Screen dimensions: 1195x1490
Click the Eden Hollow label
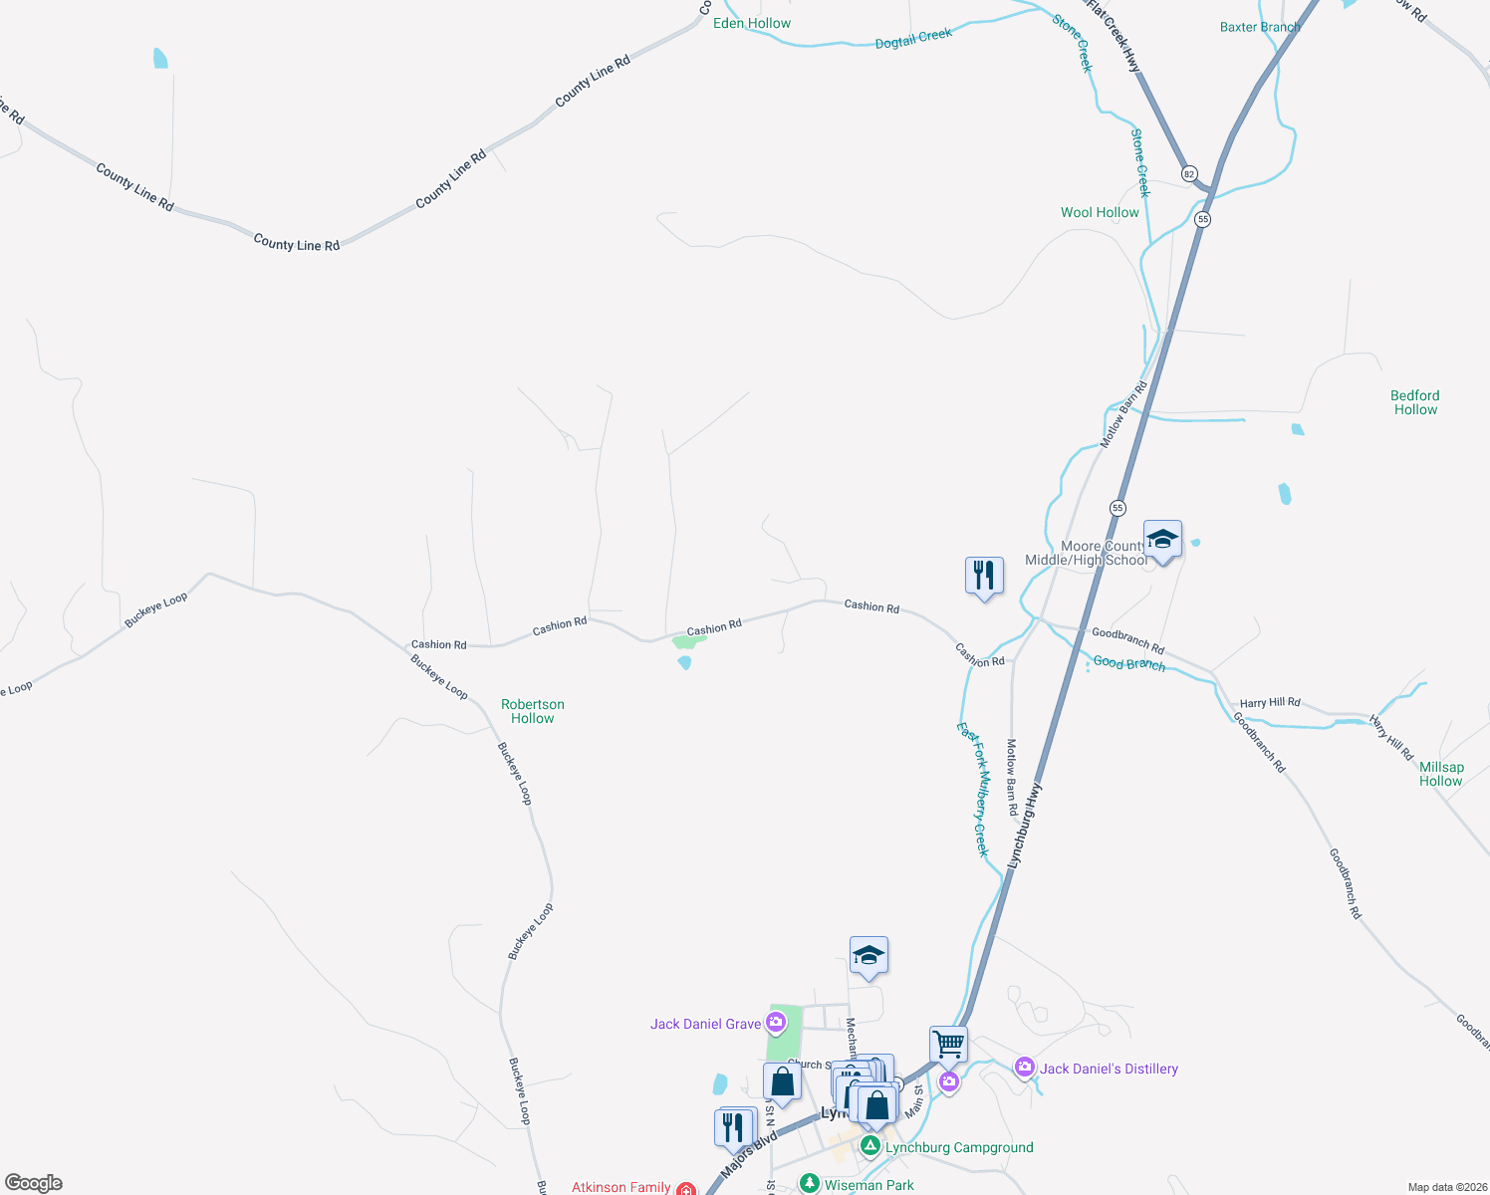click(x=752, y=23)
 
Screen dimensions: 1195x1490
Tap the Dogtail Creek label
click(x=913, y=39)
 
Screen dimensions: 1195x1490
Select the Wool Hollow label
click(x=1100, y=212)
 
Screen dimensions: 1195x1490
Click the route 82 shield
click(x=1189, y=173)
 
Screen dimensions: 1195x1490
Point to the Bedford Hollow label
click(x=1415, y=402)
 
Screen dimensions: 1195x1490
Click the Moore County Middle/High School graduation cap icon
click(x=1162, y=541)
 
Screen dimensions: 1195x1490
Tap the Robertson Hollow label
click(x=533, y=711)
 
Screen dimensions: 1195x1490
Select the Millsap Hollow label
click(x=1441, y=774)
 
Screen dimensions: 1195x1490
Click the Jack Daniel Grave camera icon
click(x=777, y=1022)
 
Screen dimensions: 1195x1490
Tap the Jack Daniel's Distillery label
click(x=1109, y=1069)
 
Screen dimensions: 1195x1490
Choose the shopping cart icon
click(x=948, y=1045)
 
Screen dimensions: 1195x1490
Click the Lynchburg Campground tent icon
click(x=870, y=1147)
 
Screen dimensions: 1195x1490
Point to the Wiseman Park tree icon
click(x=810, y=1184)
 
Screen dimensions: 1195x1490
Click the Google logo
click(x=33, y=1183)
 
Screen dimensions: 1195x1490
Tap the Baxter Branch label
click(x=1260, y=27)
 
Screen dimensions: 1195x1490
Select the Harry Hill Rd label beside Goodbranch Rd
click(x=1270, y=702)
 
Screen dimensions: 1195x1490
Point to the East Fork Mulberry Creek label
click(x=974, y=789)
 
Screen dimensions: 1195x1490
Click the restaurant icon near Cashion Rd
click(x=983, y=576)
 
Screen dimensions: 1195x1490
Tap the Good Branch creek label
click(x=1128, y=663)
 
